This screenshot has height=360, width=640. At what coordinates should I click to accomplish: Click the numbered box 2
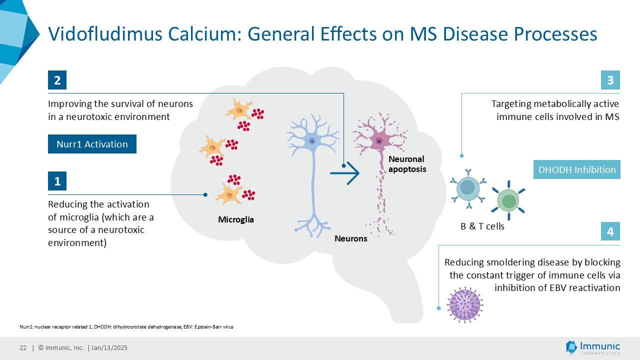tap(57, 80)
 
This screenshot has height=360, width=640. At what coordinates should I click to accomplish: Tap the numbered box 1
tap(57, 181)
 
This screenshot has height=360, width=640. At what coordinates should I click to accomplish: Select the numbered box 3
tap(610, 80)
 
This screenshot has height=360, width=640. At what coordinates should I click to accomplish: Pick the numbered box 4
tap(610, 232)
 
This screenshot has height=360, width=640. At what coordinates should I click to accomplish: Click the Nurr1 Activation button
tap(92, 144)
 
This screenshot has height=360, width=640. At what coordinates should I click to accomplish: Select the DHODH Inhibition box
tap(577, 169)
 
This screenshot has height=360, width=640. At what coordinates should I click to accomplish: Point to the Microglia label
tap(236, 219)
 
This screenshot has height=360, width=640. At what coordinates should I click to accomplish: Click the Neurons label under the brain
tap(351, 238)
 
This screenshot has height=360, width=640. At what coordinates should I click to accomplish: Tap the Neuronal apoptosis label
tap(407, 164)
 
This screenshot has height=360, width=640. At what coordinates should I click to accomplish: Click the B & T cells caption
tap(482, 226)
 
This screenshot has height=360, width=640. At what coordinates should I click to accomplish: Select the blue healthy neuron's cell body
tap(312, 141)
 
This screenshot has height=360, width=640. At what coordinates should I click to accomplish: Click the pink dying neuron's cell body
tap(379, 141)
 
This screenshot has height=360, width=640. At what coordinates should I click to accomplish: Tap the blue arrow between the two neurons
tap(346, 173)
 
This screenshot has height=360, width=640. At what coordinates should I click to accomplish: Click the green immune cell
tap(508, 201)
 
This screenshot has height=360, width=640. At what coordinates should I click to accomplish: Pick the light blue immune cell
tap(467, 188)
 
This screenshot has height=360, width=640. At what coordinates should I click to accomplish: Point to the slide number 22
tap(23, 348)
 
